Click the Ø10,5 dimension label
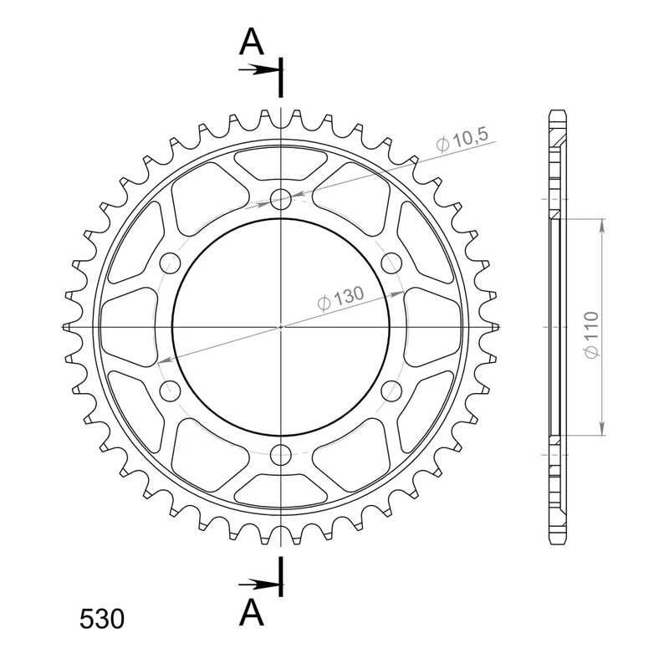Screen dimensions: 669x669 [x=462, y=140]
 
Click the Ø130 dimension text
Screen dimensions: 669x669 [x=341, y=298]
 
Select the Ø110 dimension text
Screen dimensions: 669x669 [x=591, y=335]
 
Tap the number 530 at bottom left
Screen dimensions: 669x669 [x=102, y=619]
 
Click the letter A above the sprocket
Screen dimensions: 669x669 [x=252, y=42]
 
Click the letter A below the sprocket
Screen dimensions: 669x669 [x=252, y=612]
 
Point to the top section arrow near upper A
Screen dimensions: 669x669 [x=258, y=70]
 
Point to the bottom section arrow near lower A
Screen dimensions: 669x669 [x=258, y=585]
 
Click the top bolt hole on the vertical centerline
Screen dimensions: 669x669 [x=281, y=199]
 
